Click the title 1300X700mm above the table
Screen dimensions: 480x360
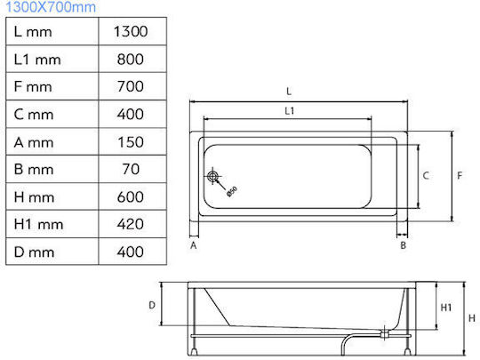(x=51, y=7)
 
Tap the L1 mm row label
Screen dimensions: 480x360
(x=37, y=60)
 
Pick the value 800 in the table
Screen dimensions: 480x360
(x=130, y=59)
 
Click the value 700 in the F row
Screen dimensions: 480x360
(x=130, y=86)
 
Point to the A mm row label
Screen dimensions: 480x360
(x=34, y=142)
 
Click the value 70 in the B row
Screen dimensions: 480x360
(x=131, y=169)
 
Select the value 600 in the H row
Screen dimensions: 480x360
(x=130, y=196)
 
